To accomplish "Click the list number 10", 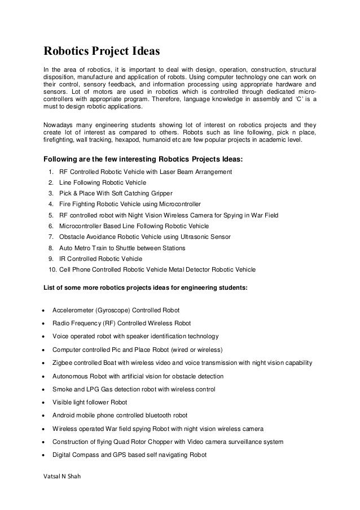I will (x=52, y=270).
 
